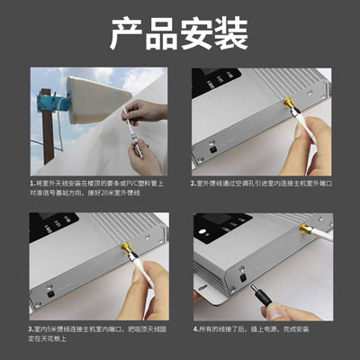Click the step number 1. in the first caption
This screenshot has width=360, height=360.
32,184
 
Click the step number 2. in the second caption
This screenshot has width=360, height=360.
193,184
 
